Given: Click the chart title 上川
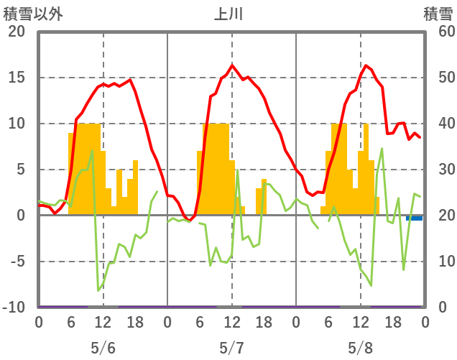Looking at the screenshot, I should pos(229,14).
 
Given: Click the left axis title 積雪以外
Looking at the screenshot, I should pos(34,14).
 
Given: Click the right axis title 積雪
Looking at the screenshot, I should pos(438,14).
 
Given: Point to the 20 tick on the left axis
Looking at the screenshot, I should pos(16,32).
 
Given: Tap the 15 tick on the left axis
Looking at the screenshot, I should pos(16,78).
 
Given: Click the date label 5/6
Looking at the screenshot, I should pos(103,348).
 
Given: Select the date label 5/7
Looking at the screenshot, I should pos(231,348).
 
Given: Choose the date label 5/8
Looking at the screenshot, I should pos(360,348).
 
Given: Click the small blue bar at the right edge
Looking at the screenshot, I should pos(415,218).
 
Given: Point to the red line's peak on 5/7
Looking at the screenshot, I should pos(232,65).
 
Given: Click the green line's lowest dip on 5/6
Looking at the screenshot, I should pos(98,290).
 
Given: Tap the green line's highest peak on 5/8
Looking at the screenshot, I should pos(382,149).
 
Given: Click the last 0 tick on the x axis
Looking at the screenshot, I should pos(425,323).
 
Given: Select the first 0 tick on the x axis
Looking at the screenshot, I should pos(39,323).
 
